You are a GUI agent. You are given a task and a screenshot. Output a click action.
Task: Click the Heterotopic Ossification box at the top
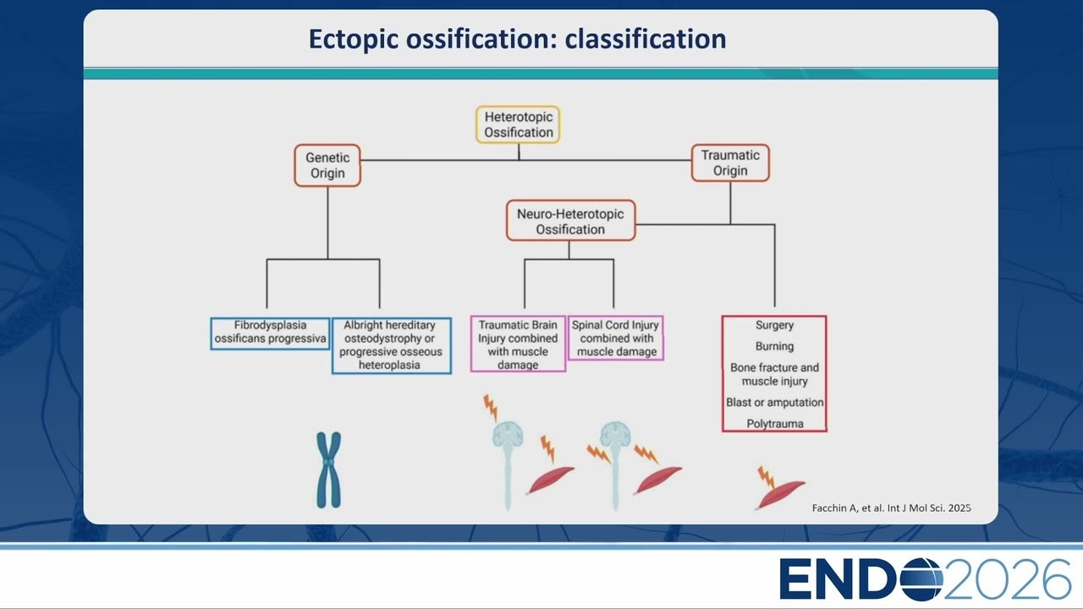pyautogui.click(x=518, y=124)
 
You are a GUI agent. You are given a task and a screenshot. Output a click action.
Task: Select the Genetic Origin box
pyautogui.click(x=327, y=165)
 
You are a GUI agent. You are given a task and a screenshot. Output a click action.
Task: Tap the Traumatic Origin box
pyautogui.click(x=730, y=163)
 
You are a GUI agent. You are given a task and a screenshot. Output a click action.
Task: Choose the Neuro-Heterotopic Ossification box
pyautogui.click(x=570, y=221)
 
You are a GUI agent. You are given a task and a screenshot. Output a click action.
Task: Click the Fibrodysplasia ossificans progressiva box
pyautogui.click(x=270, y=333)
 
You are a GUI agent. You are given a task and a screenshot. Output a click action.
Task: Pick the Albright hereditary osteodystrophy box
pyautogui.click(x=391, y=345)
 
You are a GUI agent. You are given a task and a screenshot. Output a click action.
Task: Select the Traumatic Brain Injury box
pyautogui.click(x=518, y=344)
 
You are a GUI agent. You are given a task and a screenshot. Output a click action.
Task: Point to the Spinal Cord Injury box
pyautogui.click(x=615, y=338)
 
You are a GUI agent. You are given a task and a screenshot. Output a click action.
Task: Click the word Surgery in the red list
pyautogui.click(x=774, y=326)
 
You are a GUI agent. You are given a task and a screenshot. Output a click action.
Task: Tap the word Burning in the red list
pyautogui.click(x=774, y=347)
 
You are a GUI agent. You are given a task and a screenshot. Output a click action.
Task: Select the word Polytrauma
pyautogui.click(x=774, y=424)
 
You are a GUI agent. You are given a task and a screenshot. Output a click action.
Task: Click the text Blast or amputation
pyautogui.click(x=774, y=402)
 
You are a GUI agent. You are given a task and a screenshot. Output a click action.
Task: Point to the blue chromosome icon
pyautogui.click(x=329, y=469)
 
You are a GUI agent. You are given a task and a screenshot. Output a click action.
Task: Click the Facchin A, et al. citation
pyautogui.click(x=891, y=508)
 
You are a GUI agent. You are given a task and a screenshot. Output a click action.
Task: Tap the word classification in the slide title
pyautogui.click(x=646, y=39)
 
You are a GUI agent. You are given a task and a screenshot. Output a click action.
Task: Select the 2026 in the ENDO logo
pyautogui.click(x=1007, y=579)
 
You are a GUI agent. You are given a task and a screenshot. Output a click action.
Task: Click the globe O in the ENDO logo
pyautogui.click(x=921, y=579)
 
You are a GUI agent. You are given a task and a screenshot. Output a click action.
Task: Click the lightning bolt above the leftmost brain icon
pyautogui.click(x=490, y=408)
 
